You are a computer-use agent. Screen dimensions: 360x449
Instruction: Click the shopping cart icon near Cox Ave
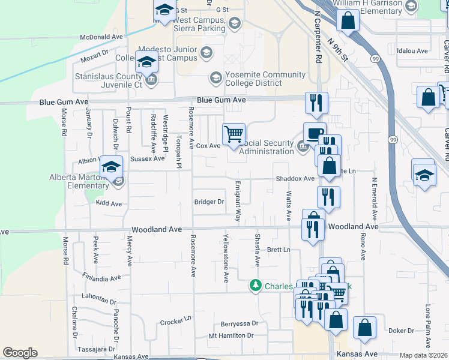tap(234, 133)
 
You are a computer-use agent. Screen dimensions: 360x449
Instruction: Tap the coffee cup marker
tap(315, 133)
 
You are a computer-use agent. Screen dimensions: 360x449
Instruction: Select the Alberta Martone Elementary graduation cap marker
tap(111, 168)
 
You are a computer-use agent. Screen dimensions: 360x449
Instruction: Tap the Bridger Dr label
tap(209, 202)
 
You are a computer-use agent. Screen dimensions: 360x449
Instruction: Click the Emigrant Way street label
tap(238, 203)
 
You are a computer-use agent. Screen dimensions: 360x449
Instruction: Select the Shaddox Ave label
tap(295, 179)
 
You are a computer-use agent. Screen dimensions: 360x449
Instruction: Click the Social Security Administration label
tap(268, 148)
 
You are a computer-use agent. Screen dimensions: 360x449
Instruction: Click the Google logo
tap(20, 353)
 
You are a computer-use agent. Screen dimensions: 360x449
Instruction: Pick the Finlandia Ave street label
tap(98, 279)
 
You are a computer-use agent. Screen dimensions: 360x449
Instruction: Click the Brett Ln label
tap(279, 250)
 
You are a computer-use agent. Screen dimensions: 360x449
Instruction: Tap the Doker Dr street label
tap(402, 331)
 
